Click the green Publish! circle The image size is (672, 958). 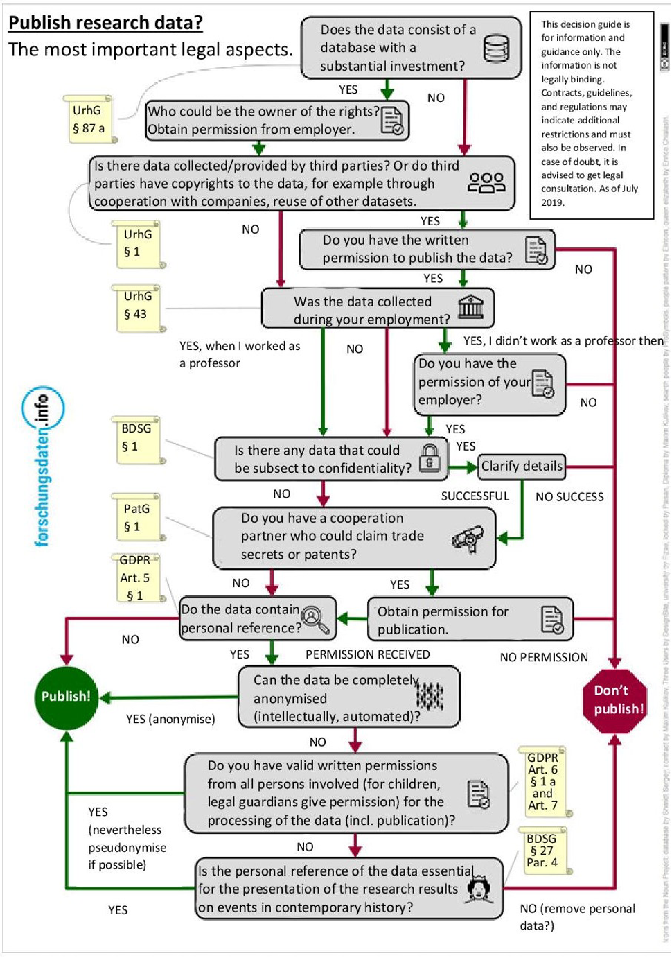click(66, 697)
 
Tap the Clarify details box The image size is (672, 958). click(522, 467)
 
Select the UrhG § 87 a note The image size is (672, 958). click(88, 119)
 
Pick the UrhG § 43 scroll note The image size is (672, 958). click(137, 306)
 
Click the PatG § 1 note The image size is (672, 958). click(136, 518)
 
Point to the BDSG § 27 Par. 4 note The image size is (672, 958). click(542, 851)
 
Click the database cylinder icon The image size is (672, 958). click(495, 49)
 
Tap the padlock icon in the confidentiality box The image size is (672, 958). click(430, 458)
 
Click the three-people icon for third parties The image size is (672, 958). click(486, 183)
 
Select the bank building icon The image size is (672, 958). click(470, 306)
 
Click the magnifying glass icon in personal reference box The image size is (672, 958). click(316, 618)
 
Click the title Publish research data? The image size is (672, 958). click(105, 23)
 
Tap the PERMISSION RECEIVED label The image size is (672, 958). click(367, 654)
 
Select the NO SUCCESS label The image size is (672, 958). click(569, 497)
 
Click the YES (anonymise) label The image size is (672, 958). click(170, 719)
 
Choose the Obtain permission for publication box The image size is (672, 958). click(470, 620)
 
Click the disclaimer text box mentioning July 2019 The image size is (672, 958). click(591, 114)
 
